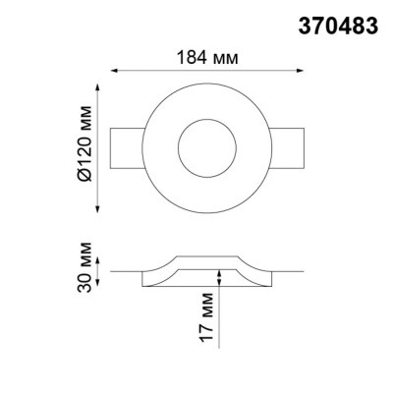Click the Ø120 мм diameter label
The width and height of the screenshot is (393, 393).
click(x=86, y=151)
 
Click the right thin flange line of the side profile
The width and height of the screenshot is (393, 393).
click(x=285, y=270)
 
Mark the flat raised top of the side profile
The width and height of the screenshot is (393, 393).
click(x=204, y=260)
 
